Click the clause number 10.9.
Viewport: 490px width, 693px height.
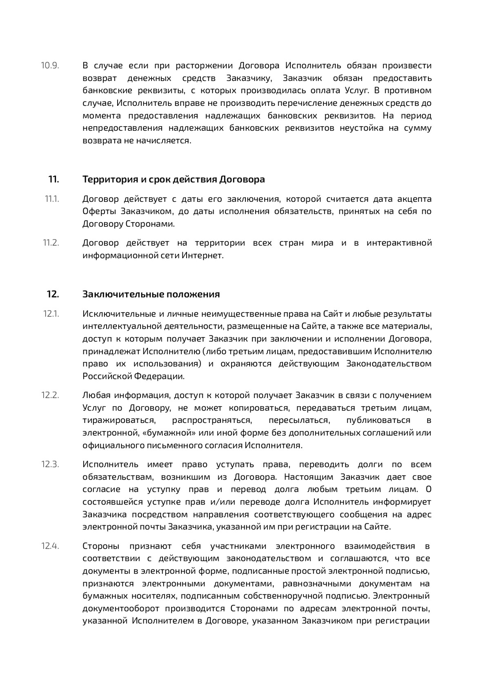pyautogui.click(x=50, y=66)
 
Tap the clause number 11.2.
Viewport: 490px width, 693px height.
pyautogui.click(x=51, y=243)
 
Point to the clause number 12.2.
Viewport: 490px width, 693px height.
pyautogui.click(x=50, y=396)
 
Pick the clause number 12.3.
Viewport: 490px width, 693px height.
pyautogui.click(x=50, y=464)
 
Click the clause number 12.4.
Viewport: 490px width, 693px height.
pyautogui.click(x=50, y=546)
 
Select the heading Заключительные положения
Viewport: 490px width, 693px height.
pyautogui.click(x=151, y=294)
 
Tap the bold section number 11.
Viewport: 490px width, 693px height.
pyautogui.click(x=53, y=179)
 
